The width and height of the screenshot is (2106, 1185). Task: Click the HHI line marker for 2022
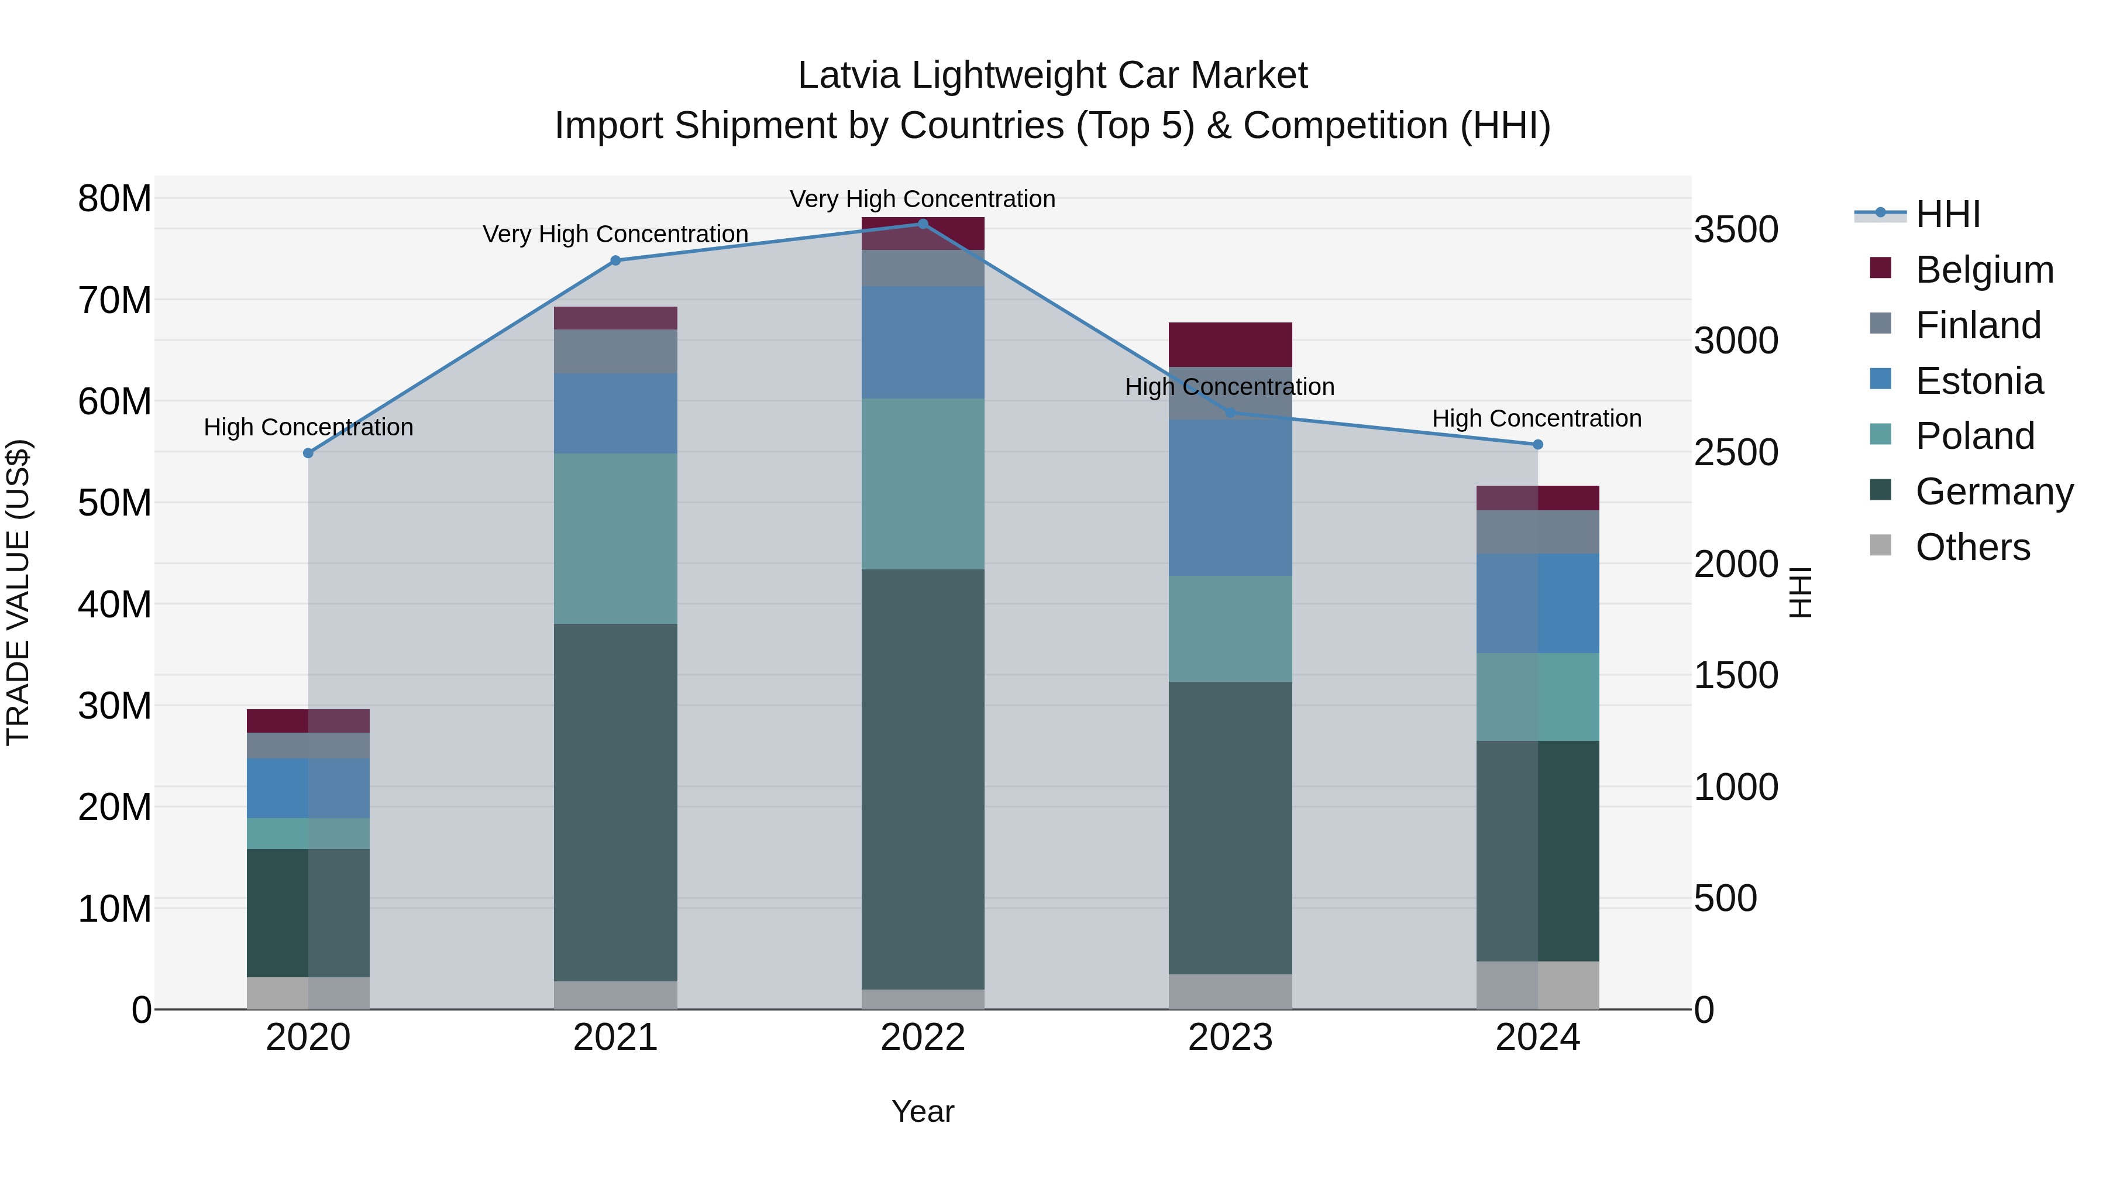[x=923, y=224]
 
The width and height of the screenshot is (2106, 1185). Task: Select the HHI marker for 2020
[x=308, y=453]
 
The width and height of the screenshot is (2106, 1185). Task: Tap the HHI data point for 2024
[x=1538, y=445]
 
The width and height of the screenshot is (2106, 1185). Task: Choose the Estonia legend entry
[x=1978, y=381]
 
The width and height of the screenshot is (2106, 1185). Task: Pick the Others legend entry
[x=1972, y=547]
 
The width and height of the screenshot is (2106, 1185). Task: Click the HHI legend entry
[x=1947, y=214]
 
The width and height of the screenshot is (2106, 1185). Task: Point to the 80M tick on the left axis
[x=115, y=199]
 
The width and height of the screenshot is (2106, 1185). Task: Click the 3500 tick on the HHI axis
[x=1736, y=230]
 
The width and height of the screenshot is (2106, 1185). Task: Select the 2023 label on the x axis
[x=1230, y=1038]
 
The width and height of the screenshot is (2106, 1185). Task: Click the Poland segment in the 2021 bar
[x=615, y=538]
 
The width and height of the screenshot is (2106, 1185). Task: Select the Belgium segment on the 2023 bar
[x=1230, y=344]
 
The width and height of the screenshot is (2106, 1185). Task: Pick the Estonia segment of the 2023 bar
[x=1230, y=497]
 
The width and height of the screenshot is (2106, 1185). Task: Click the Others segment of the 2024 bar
[x=1538, y=985]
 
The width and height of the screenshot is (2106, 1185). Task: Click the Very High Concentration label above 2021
[x=615, y=235]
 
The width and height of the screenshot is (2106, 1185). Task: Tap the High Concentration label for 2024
[x=1536, y=419]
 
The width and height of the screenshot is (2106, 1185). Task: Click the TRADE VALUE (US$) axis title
[x=18, y=592]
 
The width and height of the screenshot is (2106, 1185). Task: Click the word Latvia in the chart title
[x=849, y=76]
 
